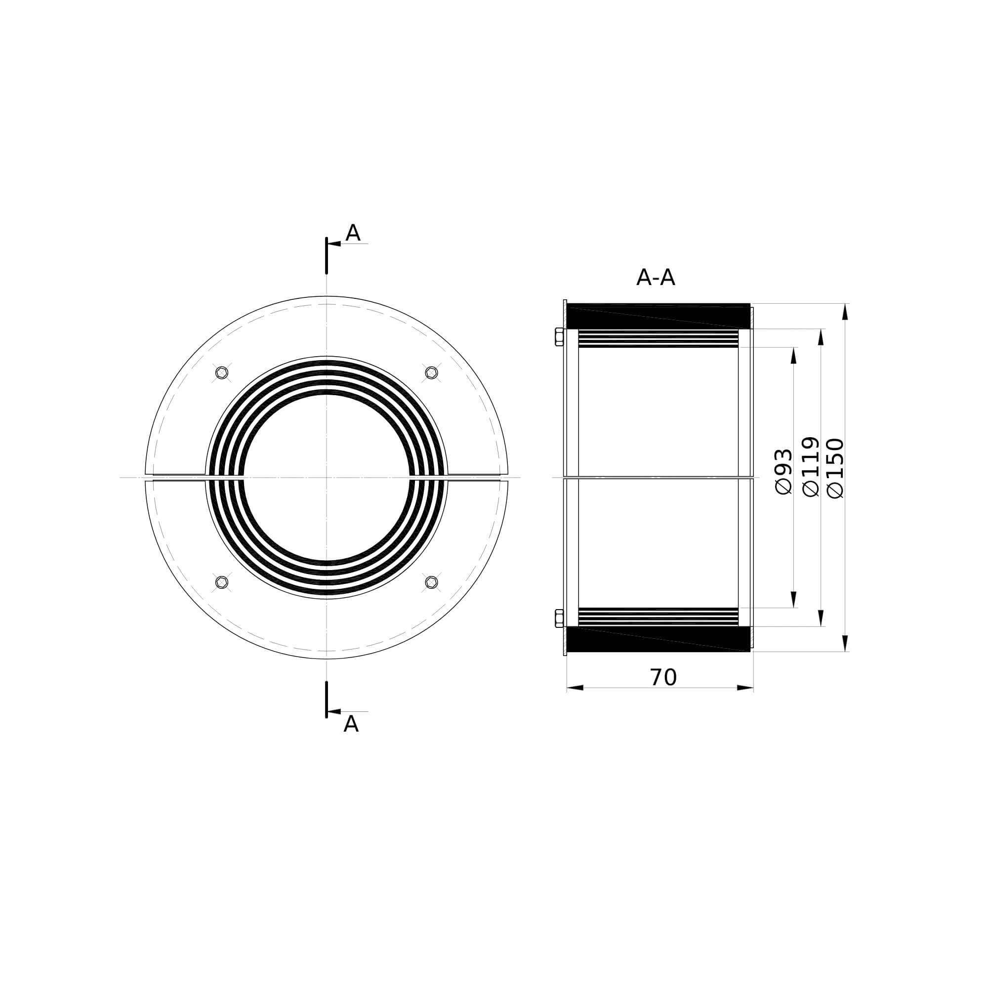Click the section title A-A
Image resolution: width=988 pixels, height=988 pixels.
coord(655,278)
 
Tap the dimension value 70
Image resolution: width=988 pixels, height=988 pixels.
coord(663,678)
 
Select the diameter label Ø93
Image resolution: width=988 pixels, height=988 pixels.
coord(784,471)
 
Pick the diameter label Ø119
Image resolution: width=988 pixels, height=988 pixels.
coord(811,466)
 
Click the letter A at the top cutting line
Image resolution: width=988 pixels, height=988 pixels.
coord(353,234)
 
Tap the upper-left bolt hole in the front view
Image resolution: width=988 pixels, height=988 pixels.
coord(221,373)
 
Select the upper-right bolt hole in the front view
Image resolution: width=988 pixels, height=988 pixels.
coord(432,373)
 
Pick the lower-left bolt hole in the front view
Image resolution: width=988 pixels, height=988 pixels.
coord(221,582)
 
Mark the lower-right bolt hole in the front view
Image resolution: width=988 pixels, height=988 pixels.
coord(432,582)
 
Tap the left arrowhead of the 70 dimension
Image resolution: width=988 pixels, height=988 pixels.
coord(576,688)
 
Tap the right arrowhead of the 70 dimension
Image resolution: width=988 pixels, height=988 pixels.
coord(745,688)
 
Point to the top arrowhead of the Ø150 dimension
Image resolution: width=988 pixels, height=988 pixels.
coord(845,311)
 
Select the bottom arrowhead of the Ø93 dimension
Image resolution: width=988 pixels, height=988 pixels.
coord(794,599)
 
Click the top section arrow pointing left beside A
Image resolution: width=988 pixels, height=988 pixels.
coord(334,244)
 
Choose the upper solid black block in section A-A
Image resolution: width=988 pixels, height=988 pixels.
coord(659,316)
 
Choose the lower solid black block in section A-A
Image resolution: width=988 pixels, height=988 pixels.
coord(659,639)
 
